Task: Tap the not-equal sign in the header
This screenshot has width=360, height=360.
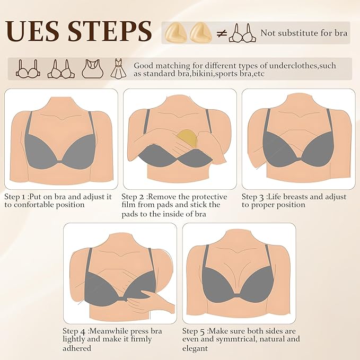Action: coord(222,33)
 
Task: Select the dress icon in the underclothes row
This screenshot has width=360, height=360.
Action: coord(116,69)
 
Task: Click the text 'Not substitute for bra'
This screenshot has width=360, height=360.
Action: coord(304,33)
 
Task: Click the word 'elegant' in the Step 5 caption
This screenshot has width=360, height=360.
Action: coord(195,348)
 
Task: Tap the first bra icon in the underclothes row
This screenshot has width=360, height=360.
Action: coord(27,69)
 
